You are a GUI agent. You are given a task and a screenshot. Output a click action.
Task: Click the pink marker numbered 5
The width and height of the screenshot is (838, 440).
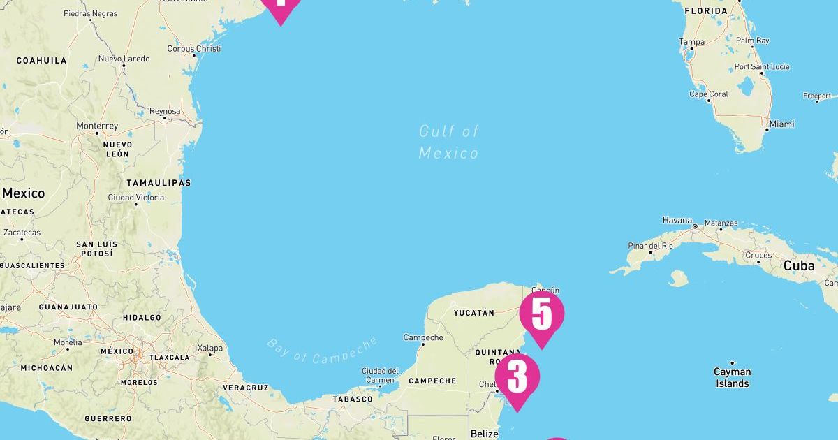541,316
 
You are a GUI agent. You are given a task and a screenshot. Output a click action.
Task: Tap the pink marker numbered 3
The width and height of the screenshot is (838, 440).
517,378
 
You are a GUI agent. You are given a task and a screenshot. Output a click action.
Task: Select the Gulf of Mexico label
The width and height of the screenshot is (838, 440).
449,142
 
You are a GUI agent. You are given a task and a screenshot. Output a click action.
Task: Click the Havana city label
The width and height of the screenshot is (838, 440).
677,220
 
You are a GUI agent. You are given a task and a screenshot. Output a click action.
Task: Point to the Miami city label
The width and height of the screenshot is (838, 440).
782,124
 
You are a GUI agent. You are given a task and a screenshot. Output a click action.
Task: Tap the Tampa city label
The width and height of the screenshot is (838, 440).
692,42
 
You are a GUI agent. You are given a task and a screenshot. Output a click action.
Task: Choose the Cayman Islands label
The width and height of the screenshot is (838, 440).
732,378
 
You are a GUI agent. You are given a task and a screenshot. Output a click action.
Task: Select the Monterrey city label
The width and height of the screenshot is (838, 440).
97,126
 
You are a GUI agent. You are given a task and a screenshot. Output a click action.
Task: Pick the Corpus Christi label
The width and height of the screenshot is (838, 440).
194,49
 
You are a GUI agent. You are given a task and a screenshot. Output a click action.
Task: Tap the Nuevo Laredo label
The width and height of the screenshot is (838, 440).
124,59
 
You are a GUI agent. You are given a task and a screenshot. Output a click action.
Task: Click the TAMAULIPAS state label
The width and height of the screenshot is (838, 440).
159,183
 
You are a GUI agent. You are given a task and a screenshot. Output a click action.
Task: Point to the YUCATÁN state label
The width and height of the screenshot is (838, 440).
474,313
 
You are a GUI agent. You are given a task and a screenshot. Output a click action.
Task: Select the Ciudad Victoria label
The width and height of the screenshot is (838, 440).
136,198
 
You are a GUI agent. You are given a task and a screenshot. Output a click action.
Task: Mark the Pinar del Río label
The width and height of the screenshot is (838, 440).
650,246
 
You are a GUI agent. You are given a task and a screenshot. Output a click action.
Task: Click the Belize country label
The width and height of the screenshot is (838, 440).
485,434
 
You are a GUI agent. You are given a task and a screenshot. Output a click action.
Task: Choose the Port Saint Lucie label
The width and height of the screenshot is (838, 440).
762,67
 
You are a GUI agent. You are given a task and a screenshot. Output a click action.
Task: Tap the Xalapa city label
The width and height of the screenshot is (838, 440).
210,348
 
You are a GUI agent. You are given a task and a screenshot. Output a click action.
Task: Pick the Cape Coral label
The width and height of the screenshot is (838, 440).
709,94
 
